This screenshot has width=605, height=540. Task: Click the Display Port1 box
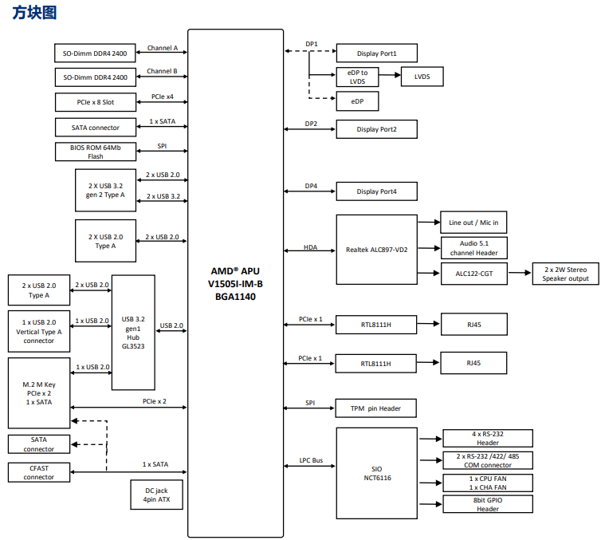coord(376,53)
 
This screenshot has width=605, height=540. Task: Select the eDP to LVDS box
coord(357,77)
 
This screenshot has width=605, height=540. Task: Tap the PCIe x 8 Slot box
coord(96,102)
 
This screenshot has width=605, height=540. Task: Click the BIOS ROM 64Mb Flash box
coord(96,152)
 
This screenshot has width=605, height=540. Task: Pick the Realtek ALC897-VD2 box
coord(376,250)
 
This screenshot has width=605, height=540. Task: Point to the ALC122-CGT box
coord(473,274)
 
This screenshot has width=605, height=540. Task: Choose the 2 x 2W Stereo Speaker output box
coord(565,274)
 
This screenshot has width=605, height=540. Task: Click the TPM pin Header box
coord(375,408)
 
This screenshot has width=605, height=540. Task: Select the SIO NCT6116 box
coord(376,473)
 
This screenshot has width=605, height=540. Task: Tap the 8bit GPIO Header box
coord(488,504)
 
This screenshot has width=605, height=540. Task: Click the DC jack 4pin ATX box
coord(156,495)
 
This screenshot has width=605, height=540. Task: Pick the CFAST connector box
coord(39,472)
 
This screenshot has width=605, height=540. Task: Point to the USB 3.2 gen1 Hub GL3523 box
coord(133,333)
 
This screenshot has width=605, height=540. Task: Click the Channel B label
coord(162,71)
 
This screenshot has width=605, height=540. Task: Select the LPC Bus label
coord(311,460)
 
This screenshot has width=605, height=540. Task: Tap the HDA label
coord(310,247)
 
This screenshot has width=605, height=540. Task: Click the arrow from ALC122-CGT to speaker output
coord(520,273)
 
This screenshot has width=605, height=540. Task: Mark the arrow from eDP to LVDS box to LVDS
coord(390,75)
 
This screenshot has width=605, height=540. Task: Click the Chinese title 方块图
coord(34,12)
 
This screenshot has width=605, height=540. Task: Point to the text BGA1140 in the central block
coord(235,297)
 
